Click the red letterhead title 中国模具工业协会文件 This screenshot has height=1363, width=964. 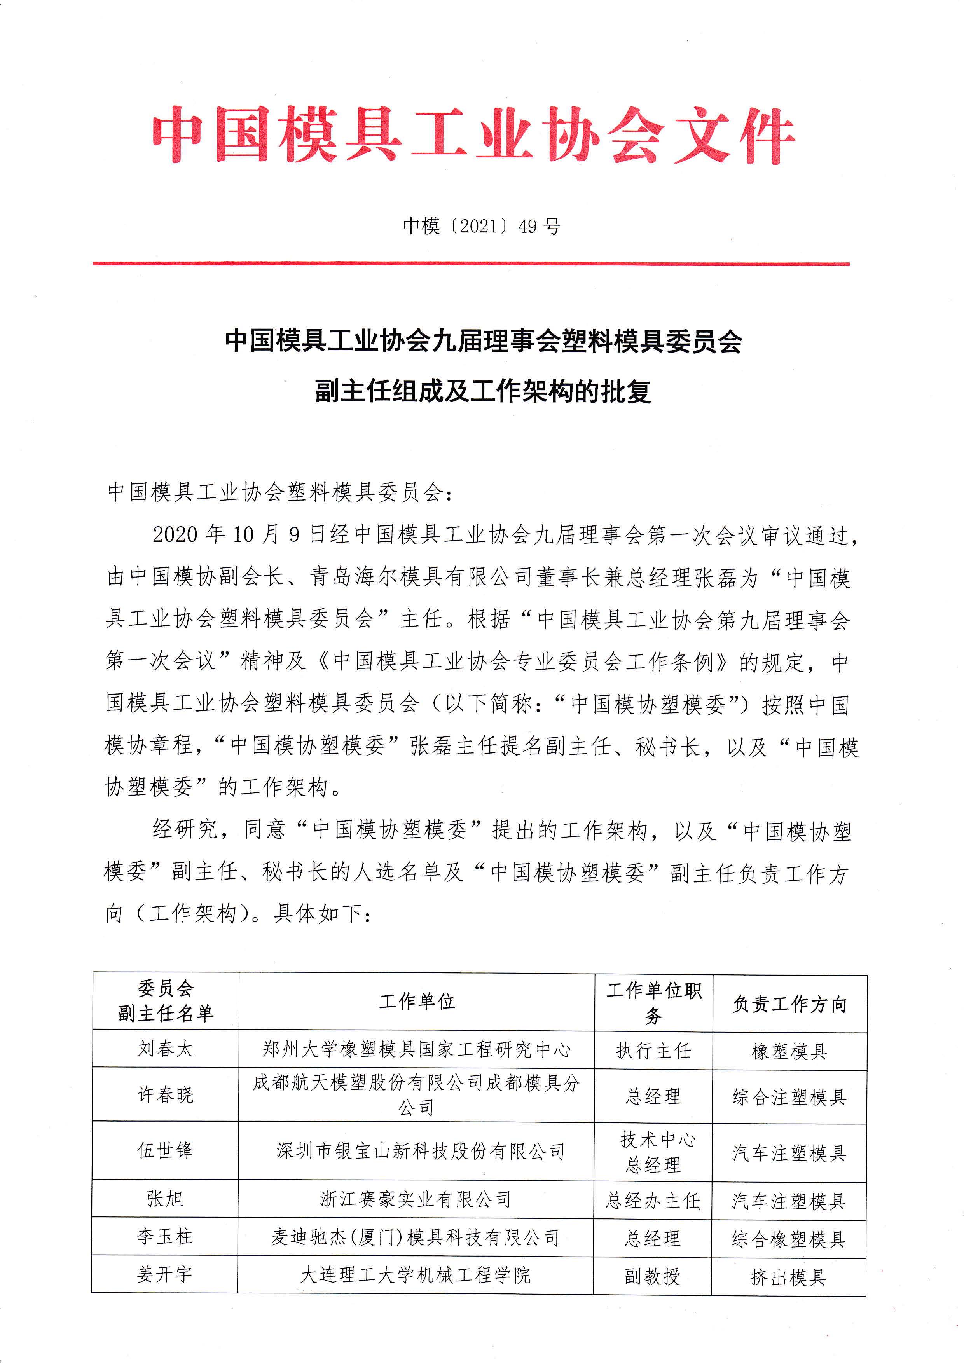pyautogui.click(x=473, y=135)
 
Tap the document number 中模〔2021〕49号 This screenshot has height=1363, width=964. pyautogui.click(x=481, y=226)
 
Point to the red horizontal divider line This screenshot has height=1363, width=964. pyautogui.click(x=471, y=264)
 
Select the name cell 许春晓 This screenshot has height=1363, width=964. pyautogui.click(x=166, y=1094)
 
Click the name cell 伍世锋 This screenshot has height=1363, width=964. pyautogui.click(x=165, y=1150)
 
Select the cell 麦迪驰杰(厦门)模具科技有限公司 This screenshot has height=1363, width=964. pyautogui.click(x=416, y=1237)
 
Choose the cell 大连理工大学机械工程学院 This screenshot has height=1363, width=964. pyautogui.click(x=416, y=1274)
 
